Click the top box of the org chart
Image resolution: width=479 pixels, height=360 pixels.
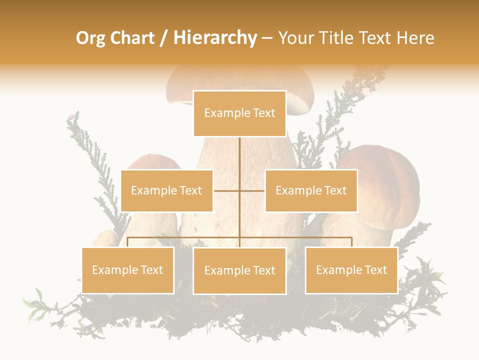click(x=239, y=113)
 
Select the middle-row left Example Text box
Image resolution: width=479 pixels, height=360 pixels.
click(x=167, y=190)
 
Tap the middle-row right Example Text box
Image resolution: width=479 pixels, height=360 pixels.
click(x=311, y=190)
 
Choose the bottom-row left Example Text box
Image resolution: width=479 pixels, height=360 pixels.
click(x=128, y=270)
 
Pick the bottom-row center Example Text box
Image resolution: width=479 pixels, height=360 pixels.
click(x=239, y=270)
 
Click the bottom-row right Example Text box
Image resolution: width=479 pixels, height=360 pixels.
click(x=351, y=270)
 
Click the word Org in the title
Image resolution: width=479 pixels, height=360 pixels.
click(x=90, y=38)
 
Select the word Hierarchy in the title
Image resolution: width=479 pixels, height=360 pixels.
click(x=215, y=38)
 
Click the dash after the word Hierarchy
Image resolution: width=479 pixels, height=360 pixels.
click(x=267, y=38)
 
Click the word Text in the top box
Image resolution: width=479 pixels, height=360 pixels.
click(x=264, y=113)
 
